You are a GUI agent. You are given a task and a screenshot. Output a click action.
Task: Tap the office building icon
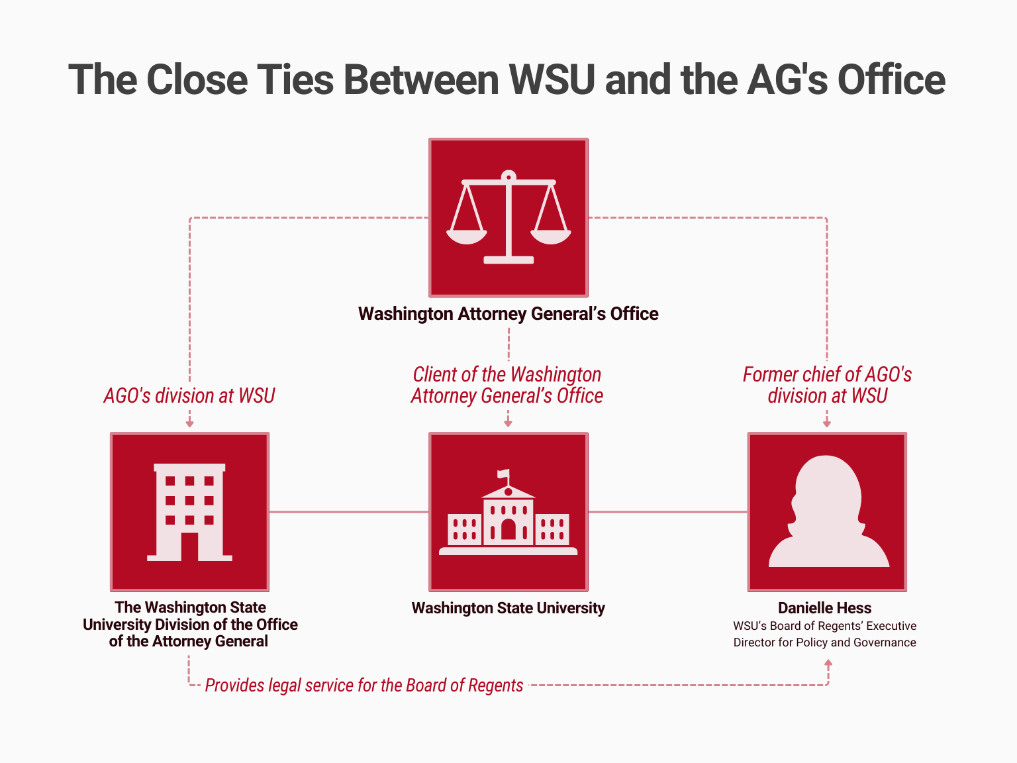189,511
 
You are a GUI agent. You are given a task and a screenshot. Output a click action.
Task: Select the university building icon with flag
508,517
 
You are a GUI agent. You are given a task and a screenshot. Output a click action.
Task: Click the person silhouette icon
827,511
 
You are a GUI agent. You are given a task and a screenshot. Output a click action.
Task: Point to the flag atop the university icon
505,474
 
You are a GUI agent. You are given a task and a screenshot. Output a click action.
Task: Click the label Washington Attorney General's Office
508,314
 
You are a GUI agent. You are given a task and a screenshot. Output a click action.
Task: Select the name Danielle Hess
824,608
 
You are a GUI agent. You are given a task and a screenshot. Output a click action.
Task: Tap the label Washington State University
508,608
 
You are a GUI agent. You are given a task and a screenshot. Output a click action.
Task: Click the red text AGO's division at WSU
189,395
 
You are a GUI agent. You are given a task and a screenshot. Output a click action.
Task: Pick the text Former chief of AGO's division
827,385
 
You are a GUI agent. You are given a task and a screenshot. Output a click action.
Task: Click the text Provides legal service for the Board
363,686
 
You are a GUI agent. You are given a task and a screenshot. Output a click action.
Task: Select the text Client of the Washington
507,375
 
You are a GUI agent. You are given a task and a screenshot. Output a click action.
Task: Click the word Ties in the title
295,80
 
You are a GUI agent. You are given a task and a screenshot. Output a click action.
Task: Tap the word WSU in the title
552,80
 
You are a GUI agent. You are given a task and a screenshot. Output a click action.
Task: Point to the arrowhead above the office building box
189,423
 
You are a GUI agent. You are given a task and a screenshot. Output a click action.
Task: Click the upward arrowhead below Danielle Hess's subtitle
828,663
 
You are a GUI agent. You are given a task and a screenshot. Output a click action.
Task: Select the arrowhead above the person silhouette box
827,423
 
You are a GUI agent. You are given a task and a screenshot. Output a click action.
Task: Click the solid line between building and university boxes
349,512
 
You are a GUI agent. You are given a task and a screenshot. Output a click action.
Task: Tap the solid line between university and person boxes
667,512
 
